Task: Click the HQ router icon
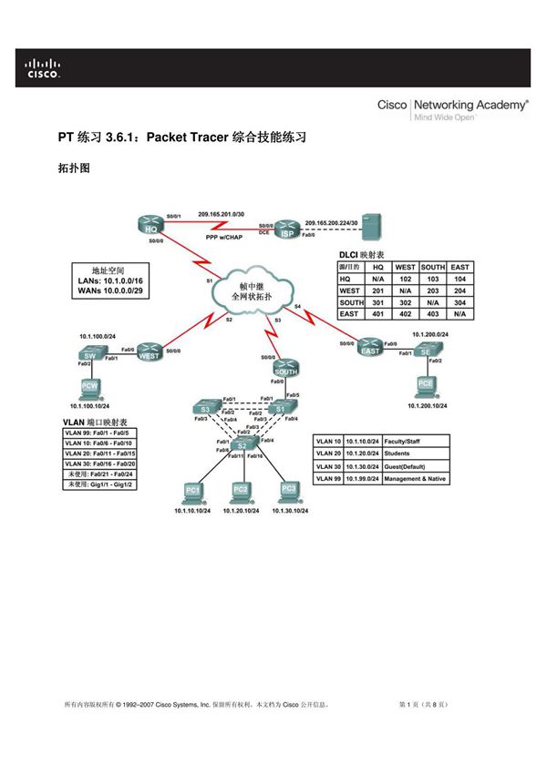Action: [151, 228]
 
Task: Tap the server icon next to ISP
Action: [369, 226]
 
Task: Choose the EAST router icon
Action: [370, 350]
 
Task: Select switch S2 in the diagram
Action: [242, 444]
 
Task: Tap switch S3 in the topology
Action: [206, 407]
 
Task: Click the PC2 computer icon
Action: [240, 491]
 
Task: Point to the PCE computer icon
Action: [426, 386]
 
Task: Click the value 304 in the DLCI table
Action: [459, 302]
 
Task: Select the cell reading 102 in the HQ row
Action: [405, 279]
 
